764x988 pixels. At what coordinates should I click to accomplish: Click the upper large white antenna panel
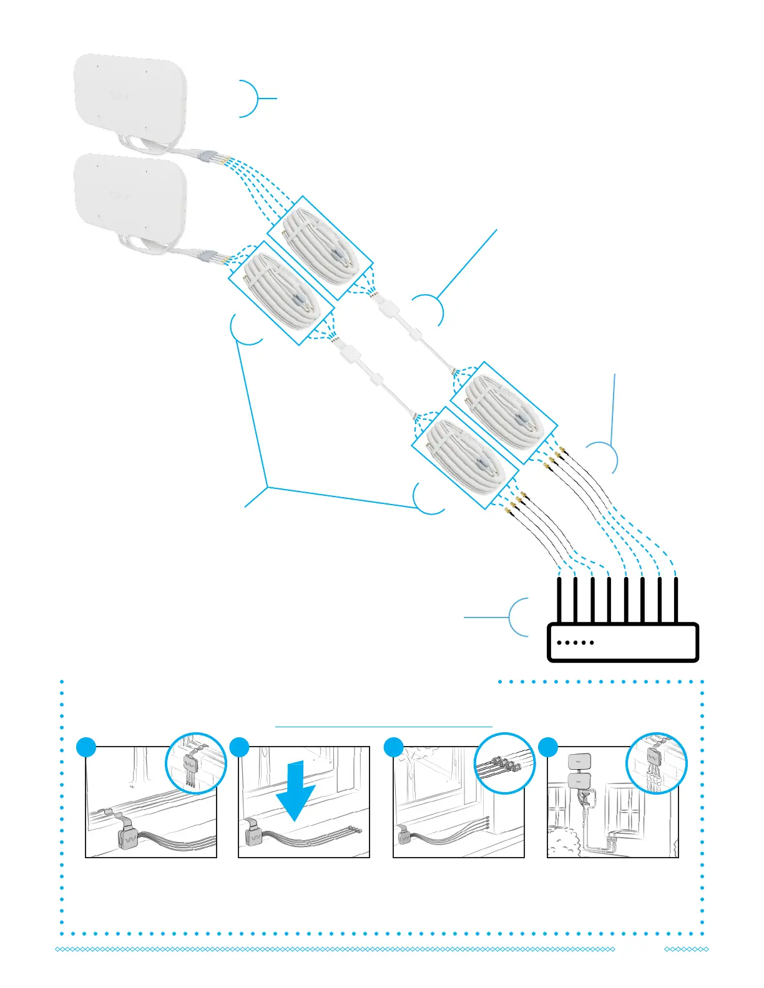pyautogui.click(x=130, y=97)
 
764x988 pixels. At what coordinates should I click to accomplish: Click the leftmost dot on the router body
pyautogui.click(x=559, y=642)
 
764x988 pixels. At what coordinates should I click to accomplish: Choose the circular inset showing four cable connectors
pyautogui.click(x=505, y=763)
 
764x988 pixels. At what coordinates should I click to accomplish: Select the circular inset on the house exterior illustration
pyautogui.click(x=656, y=763)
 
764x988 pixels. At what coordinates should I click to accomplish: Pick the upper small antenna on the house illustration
pyautogui.click(x=579, y=762)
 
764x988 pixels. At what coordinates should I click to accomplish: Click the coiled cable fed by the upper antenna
pyautogui.click(x=320, y=248)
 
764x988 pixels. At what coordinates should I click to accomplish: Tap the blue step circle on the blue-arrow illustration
pyautogui.click(x=240, y=747)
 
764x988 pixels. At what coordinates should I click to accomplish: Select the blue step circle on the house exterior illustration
pyautogui.click(x=548, y=747)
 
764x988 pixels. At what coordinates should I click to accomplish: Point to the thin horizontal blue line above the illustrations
pyautogui.click(x=383, y=727)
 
